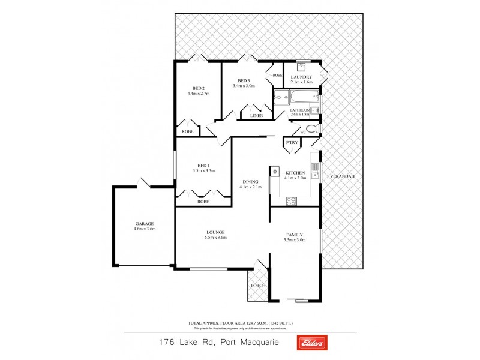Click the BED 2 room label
click(x=199, y=88)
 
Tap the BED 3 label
click(x=243, y=80)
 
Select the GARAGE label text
click(x=144, y=223)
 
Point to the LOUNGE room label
click(x=215, y=232)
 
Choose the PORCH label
click(x=258, y=285)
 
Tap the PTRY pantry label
click(x=292, y=142)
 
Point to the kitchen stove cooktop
click(x=292, y=202)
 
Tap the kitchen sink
click(x=314, y=167)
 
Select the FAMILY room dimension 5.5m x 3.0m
click(x=295, y=240)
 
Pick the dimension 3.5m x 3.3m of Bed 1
click(x=203, y=171)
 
